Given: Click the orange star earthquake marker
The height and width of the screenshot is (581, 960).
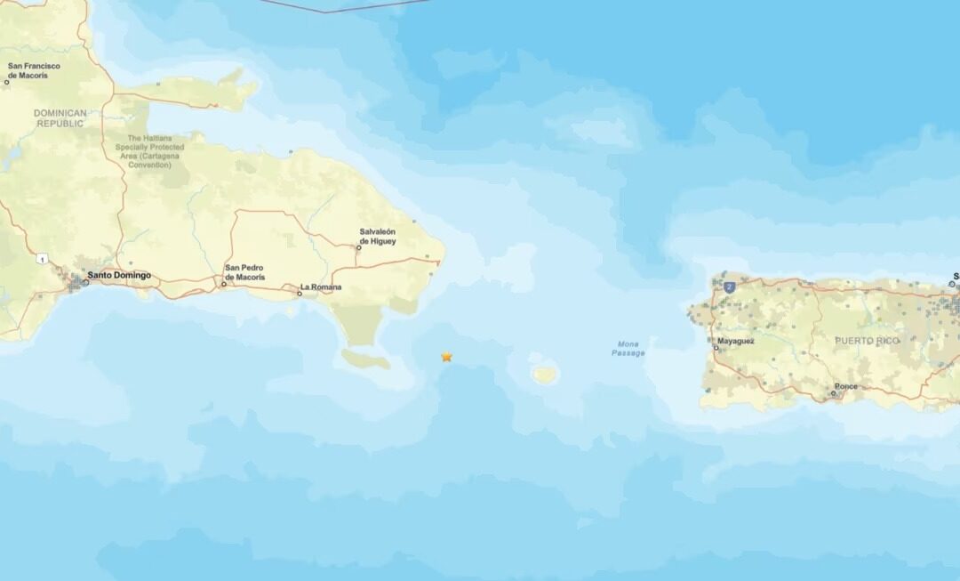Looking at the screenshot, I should pos(446,357).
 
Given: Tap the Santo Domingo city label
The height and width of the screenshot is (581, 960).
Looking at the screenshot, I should pos(119,276).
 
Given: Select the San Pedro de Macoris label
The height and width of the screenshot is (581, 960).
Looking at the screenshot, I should pos(244,272).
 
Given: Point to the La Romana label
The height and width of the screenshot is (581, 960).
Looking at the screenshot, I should pos(320,287).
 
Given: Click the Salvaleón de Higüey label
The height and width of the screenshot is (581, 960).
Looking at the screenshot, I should pos(378,236).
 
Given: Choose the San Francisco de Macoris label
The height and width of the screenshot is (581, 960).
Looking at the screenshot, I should pos(34,70).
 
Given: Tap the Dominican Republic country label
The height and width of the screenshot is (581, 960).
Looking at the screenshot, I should pos(60,118).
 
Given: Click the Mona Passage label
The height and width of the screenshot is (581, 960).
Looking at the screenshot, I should pos(628,348).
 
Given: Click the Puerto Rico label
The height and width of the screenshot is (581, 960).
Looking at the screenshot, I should pos(867,341).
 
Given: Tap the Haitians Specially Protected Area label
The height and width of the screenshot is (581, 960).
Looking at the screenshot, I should pos(156,151).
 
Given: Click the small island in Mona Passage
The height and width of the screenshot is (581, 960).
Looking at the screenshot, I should pos(545,375).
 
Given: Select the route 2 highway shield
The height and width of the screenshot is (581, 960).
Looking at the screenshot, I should pos(730,286).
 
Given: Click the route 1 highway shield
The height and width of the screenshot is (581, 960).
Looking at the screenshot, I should pos(42,259).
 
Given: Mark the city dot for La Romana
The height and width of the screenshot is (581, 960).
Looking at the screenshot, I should pos(300,293).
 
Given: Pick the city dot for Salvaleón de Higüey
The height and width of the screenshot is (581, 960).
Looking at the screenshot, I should pos(358,247).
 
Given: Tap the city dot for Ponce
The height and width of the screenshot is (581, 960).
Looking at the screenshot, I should pos(834,393).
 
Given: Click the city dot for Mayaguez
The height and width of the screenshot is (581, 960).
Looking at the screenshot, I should pos(716,347).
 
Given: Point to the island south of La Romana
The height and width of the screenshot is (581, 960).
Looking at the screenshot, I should pos(366,359).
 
